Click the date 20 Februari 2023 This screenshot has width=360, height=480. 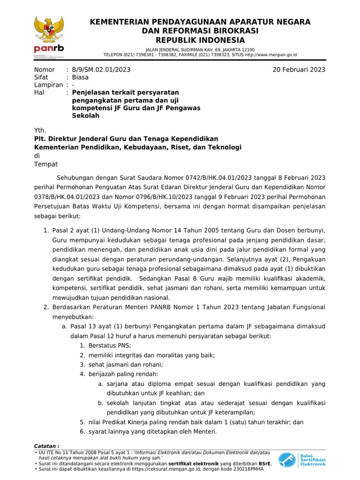coord(299,70)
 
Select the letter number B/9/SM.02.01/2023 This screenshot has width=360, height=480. coord(101,70)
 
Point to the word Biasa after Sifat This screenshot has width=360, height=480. coord(80,77)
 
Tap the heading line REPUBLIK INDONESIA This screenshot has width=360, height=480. coord(200,39)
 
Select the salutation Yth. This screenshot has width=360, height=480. coord(40,130)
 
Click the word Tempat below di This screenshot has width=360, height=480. coord(46,164)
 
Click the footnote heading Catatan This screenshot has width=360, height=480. coord(47,445)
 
